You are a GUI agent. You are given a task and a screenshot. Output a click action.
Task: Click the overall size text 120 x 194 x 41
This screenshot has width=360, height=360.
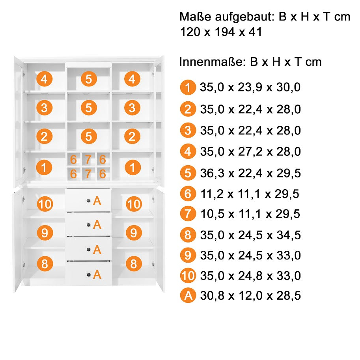pyautogui.click(x=221, y=32)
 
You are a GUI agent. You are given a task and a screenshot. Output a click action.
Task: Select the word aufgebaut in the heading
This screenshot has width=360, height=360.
pyautogui.click(x=245, y=17)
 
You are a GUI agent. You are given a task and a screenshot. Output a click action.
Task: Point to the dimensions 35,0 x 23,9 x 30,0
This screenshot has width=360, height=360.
pyautogui.click(x=250, y=87)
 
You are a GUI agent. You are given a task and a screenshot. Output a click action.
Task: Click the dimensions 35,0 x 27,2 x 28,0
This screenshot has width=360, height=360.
pyautogui.click(x=250, y=151)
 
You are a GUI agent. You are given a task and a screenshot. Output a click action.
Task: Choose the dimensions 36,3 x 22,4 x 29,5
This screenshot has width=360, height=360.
pyautogui.click(x=250, y=173)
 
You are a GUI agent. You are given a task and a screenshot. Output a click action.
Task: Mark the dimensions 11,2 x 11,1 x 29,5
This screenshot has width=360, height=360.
pyautogui.click(x=250, y=194)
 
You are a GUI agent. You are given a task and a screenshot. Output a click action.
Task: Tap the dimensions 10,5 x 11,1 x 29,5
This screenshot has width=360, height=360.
pyautogui.click(x=250, y=214)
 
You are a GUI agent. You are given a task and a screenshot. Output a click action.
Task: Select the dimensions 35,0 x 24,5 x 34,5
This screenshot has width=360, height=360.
pyautogui.click(x=250, y=235)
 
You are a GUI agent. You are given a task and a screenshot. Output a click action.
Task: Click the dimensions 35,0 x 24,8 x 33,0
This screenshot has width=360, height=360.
pyautogui.click(x=250, y=276)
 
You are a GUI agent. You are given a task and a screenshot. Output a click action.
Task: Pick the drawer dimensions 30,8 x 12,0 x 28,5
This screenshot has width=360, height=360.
pyautogui.click(x=250, y=295)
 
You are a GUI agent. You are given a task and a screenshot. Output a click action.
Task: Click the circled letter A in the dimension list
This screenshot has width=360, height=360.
pyautogui.click(x=188, y=295)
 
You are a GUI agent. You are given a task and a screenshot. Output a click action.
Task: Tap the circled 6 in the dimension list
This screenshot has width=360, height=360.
pyautogui.click(x=188, y=194)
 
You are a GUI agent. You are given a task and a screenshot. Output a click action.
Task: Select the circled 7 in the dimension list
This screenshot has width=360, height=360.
pyautogui.click(x=188, y=214)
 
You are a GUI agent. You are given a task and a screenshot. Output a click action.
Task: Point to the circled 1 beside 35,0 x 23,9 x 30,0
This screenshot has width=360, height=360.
pyautogui.click(x=188, y=87)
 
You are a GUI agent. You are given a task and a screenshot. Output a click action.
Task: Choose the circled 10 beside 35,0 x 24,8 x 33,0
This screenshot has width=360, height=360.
pyautogui.click(x=188, y=276)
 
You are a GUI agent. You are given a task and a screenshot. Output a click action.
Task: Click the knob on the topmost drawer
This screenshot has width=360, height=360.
pyautogui.click(x=88, y=201)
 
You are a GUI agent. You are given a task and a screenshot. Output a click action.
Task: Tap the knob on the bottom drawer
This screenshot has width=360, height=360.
pyautogui.click(x=89, y=275)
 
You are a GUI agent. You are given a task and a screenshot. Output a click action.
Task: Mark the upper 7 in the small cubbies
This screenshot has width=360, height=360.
pyautogui.click(x=88, y=159)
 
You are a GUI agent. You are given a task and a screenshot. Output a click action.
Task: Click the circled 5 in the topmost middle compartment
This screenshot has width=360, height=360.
pyautogui.click(x=89, y=79)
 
